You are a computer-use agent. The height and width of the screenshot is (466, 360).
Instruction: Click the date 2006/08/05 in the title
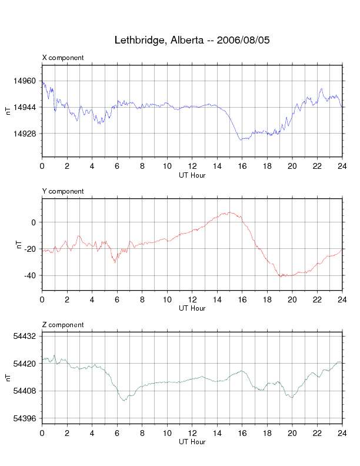point(244,41)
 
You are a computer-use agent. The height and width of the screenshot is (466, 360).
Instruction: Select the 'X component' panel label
point(63,58)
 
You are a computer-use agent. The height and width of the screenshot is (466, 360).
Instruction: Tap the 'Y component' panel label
point(63,191)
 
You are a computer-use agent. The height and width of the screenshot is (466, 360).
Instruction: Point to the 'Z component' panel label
point(63,325)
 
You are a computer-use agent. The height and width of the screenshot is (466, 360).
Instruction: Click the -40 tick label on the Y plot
point(30,275)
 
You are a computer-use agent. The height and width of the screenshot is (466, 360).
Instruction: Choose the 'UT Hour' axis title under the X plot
point(192,175)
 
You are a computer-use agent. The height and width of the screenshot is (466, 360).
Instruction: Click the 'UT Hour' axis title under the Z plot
point(192,442)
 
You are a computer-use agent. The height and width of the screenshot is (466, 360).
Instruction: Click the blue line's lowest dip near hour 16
point(241,140)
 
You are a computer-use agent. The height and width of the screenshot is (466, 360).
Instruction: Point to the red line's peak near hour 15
point(229,212)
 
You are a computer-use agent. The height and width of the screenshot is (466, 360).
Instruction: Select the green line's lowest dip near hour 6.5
point(124,401)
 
